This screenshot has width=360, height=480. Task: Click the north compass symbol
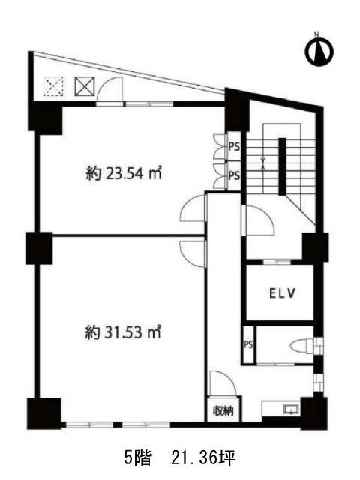[319, 50]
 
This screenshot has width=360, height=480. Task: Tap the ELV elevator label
[283, 293]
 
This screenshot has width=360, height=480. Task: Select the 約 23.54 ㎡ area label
[123, 174]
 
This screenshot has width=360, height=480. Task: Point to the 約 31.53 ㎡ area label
[123, 332]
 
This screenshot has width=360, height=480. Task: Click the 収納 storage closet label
[223, 410]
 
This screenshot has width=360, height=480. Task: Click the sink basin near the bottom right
[291, 409]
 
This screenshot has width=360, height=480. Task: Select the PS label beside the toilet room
[248, 344]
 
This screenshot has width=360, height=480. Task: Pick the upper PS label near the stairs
[234, 147]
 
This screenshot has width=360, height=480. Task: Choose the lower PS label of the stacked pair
[234, 175]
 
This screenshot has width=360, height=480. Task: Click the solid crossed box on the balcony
[85, 86]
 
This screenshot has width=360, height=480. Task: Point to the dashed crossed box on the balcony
[53, 86]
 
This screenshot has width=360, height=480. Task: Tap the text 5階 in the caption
[137, 458]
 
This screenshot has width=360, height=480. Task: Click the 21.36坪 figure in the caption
[203, 458]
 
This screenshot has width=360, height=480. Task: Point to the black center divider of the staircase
[282, 166]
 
